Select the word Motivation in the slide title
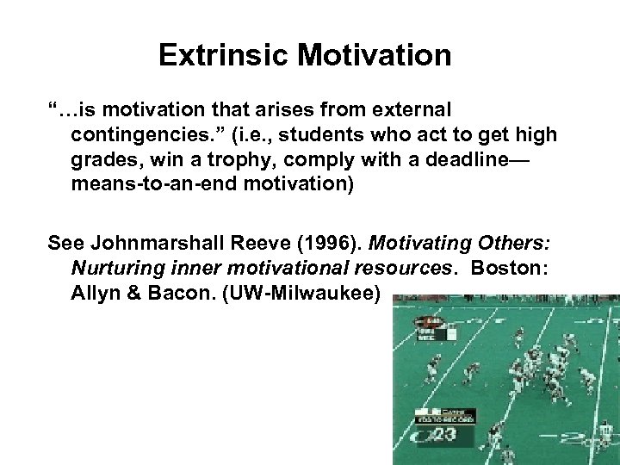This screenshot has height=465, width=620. (x=375, y=56)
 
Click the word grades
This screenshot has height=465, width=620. (x=101, y=160)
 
